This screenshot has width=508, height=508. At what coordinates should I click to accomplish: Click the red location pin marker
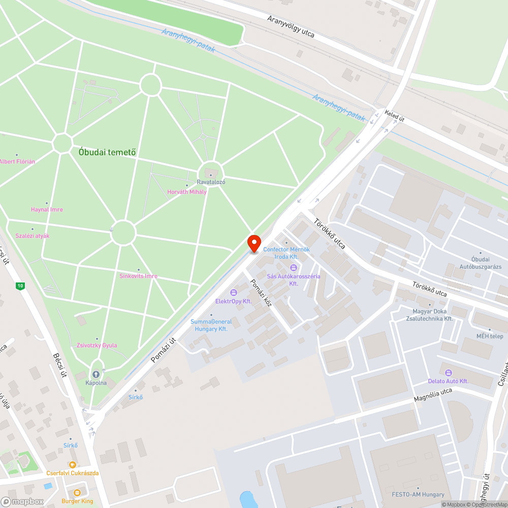pos(254,243)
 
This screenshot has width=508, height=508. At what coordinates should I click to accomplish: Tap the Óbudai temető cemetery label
pos(107,152)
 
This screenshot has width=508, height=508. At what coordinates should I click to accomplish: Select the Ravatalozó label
pos(211,182)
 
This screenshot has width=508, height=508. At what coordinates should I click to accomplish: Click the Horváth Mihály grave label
pos(187,192)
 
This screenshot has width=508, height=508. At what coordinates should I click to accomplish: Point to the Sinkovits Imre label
pos(138,276)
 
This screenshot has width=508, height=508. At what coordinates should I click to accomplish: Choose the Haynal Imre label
pos(47,209)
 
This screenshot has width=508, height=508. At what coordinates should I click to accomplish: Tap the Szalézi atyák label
pos(33,236)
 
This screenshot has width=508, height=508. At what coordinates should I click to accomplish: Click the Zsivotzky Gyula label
pos(97,345)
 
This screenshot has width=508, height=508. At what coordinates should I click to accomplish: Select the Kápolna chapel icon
pos(96,374)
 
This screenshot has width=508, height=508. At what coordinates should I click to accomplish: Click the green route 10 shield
pos(20,286)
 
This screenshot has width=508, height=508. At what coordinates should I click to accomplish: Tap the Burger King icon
pos(77,493)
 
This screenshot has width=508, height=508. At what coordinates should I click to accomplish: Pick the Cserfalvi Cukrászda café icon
pos(73,464)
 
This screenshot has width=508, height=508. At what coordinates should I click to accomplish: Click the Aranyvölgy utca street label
pos(291,27)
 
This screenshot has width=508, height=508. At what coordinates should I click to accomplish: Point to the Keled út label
pos(395,116)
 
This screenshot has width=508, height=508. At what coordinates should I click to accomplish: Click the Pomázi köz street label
pos(260,294)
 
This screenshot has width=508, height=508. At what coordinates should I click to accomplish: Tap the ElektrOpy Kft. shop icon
pos(234,292)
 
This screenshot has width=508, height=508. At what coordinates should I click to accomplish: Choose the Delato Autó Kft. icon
pos(448,372)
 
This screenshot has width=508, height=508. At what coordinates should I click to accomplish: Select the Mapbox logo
pos(21,501)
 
